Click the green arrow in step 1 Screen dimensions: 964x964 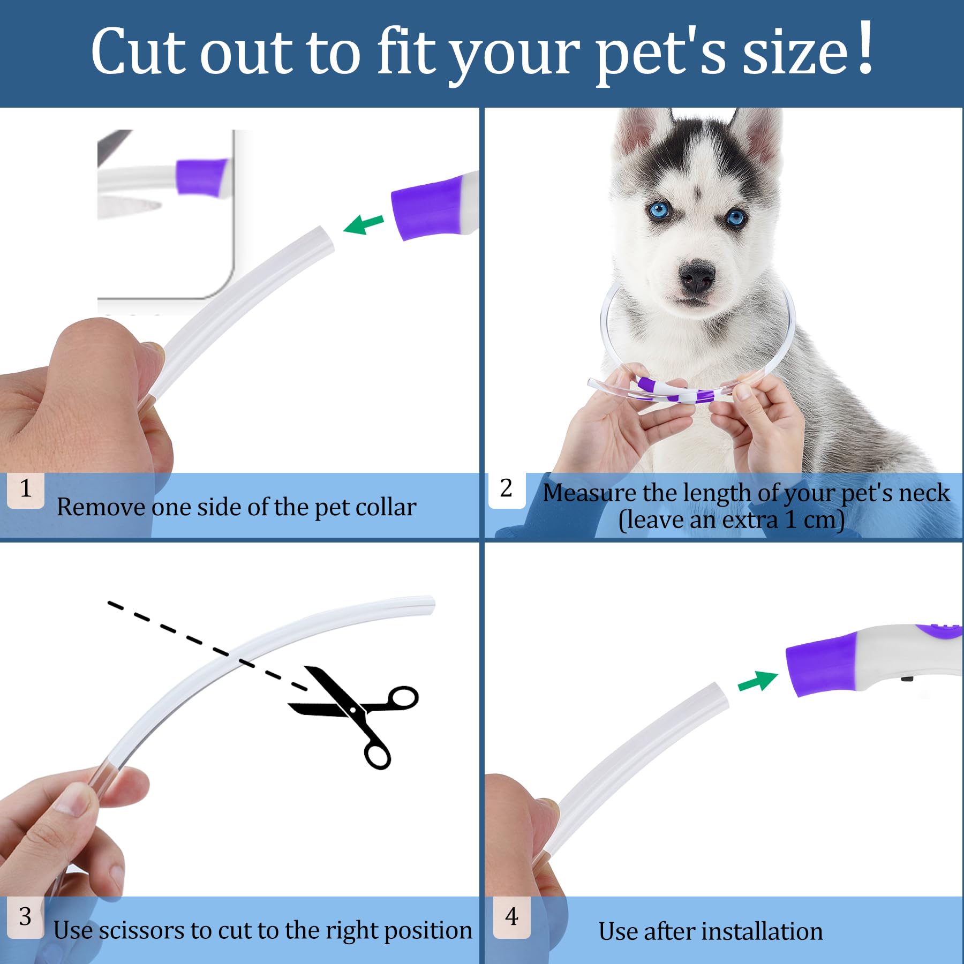coord(364,224)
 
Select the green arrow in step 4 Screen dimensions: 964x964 coord(758,681)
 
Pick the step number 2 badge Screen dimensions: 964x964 coord(507,489)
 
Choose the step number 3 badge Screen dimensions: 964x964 coord(26,917)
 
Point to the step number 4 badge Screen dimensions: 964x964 coord(512,917)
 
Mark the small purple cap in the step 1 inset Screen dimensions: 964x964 coord(201,176)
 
